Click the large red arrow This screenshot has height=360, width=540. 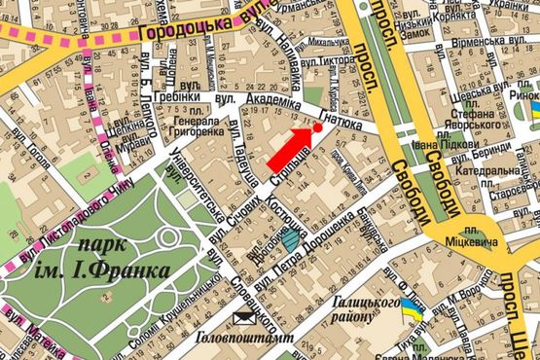pyautogui.click(x=291, y=145)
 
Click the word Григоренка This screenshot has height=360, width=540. pyautogui.click(x=198, y=128)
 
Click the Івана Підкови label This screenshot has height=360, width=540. pyautogui.click(x=427, y=147)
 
